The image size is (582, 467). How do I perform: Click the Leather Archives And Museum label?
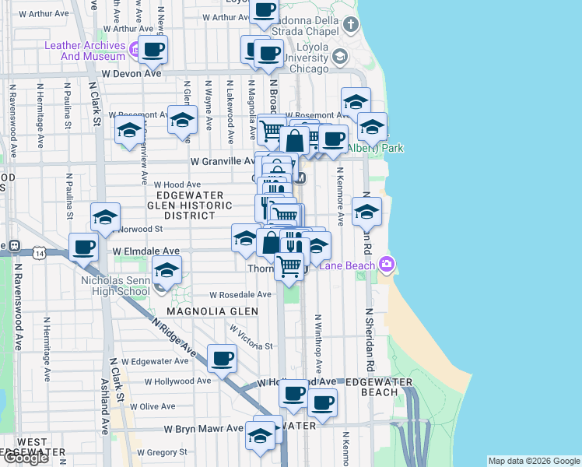pos(85,51)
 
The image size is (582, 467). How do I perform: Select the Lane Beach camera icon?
pos(387,265)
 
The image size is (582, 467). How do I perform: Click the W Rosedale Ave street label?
pos(240,295)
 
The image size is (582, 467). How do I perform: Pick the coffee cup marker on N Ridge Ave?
pos(223,358)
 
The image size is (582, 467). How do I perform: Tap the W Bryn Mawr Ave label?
pos(204,429)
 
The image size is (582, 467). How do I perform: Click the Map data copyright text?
pos(533,461)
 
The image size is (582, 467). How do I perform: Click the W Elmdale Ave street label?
pos(145,251)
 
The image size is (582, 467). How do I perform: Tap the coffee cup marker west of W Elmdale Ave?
pos(82,248)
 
